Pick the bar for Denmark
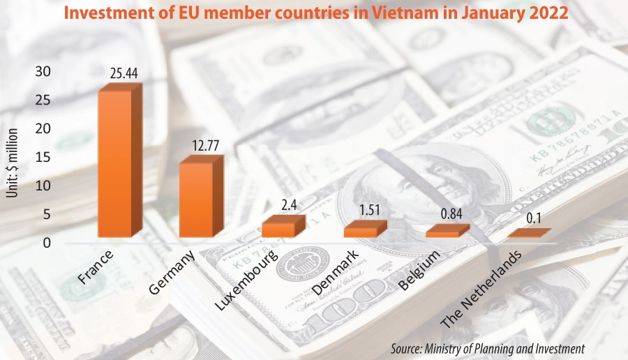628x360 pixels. coord(360,232)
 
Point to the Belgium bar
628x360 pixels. coord(442,234)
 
